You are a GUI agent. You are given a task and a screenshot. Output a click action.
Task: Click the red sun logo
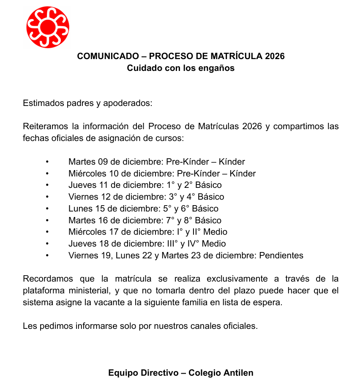pos(47,27)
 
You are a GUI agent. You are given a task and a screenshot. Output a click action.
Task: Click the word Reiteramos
pos(45,127)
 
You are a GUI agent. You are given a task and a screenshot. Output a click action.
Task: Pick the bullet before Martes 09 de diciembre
pos(47,162)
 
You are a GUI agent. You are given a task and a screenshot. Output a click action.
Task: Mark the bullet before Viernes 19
pos(47,255)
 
